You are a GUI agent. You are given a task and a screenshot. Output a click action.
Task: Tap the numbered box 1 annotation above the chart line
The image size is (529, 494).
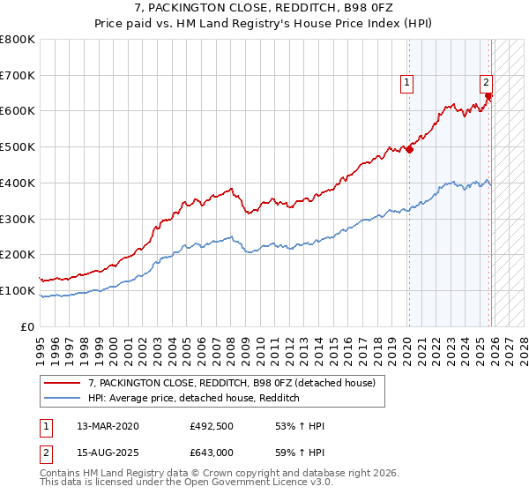pyautogui.click(x=407, y=84)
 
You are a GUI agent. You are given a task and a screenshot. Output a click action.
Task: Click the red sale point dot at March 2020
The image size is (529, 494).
pyautogui.click(x=409, y=149)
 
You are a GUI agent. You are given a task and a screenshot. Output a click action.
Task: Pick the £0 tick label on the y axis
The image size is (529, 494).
pyautogui.click(x=27, y=326)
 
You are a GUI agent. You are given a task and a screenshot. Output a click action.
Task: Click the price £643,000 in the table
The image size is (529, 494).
pyautogui.click(x=212, y=453)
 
